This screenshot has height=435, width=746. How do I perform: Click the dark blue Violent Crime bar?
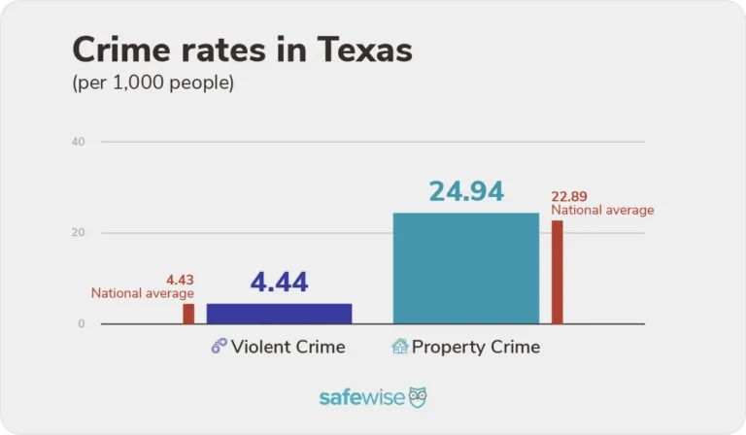click(279, 313)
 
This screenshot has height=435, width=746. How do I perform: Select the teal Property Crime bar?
click(465, 268)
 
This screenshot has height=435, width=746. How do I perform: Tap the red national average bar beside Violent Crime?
click(188, 314)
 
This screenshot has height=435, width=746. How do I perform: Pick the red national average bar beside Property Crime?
click(558, 272)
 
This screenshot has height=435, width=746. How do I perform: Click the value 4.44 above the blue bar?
click(279, 283)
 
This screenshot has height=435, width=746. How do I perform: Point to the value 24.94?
click(466, 191)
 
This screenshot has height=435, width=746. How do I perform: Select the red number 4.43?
click(181, 279)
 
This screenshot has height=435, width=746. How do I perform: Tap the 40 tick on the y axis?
click(78, 142)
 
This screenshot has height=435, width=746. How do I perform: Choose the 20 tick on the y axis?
click(78, 233)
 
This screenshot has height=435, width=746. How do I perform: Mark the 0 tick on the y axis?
click(82, 323)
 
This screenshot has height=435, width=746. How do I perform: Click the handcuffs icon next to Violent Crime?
click(219, 347)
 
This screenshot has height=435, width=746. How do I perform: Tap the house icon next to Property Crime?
click(399, 347)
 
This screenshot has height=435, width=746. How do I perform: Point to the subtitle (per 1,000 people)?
click(153, 84)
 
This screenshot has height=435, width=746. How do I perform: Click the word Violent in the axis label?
click(259, 347)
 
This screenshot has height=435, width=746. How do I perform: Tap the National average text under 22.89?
click(602, 210)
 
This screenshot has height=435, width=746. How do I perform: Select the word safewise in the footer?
click(360, 398)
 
